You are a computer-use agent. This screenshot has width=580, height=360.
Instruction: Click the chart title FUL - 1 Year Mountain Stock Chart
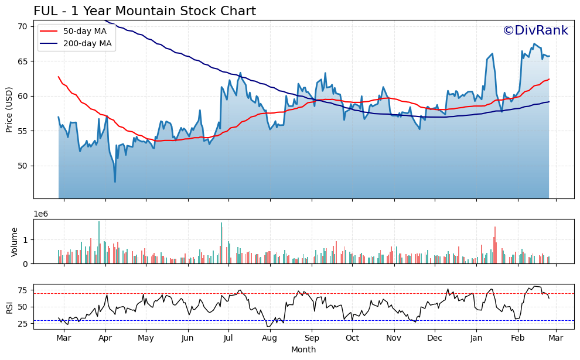click(145, 11)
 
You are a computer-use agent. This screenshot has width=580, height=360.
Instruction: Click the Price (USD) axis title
click(9, 109)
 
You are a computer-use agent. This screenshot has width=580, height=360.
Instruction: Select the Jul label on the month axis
click(228, 338)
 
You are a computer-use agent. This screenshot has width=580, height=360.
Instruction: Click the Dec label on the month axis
click(435, 338)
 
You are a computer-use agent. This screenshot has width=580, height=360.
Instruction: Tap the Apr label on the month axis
click(105, 338)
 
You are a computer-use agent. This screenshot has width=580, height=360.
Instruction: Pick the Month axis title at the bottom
click(303, 349)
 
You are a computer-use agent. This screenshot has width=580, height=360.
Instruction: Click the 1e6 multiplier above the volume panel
click(42, 214)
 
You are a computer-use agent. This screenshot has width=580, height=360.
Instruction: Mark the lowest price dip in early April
click(115, 181)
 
